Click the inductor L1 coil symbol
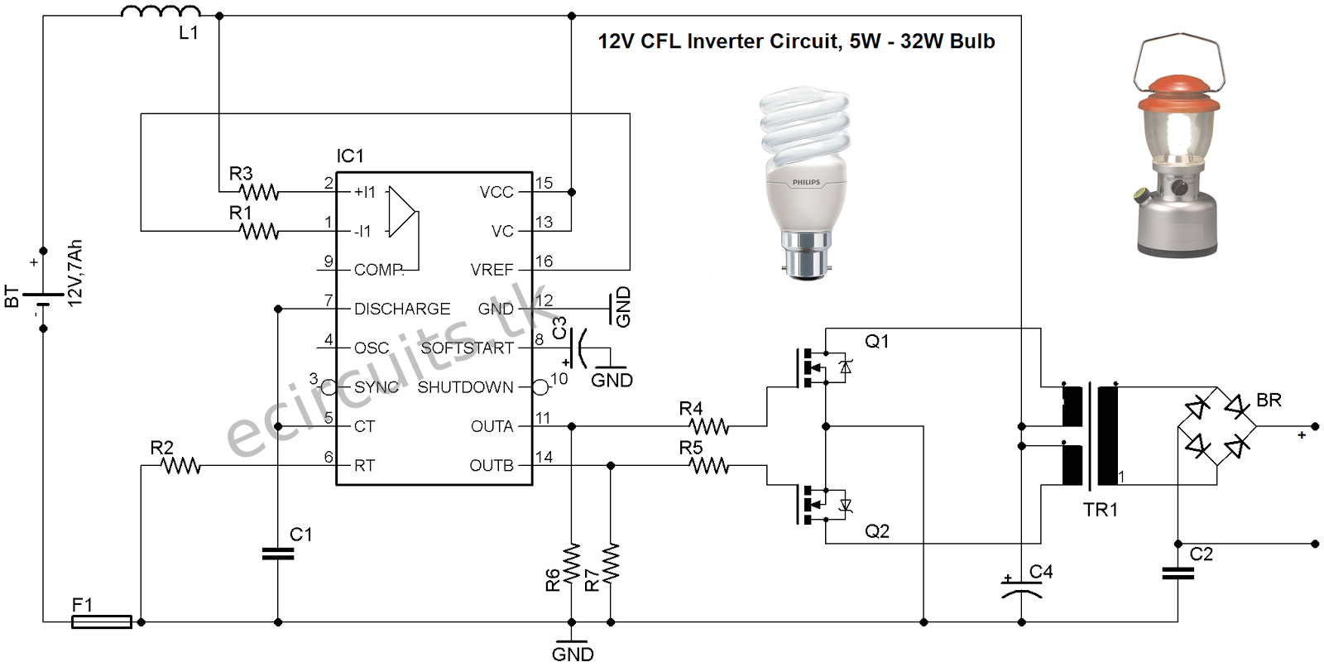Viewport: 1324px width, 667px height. [x=161, y=12]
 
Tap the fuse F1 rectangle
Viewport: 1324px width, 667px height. [x=102, y=621]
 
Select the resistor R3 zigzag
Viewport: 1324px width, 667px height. [x=259, y=192]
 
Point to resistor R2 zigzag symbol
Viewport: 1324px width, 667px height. [x=181, y=466]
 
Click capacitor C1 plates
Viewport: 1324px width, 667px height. [x=278, y=554]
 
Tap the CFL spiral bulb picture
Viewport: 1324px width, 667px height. [x=805, y=182]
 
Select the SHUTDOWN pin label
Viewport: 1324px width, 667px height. [x=465, y=387]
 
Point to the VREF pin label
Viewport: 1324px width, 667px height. [x=492, y=270]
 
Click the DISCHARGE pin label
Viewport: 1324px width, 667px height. [x=402, y=309]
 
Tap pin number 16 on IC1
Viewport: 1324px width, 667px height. [x=544, y=261]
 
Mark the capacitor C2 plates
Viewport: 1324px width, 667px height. [x=1178, y=573]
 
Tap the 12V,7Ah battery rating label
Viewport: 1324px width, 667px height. [x=75, y=273]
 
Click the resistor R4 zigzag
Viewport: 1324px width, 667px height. [x=709, y=426]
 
